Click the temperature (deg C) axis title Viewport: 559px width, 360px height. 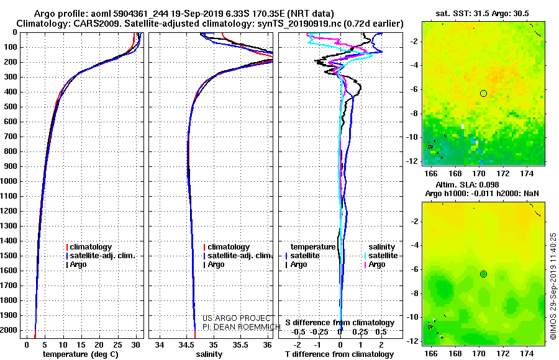coord(80,354)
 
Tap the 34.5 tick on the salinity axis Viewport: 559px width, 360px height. coord(186,344)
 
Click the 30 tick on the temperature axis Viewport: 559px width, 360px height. coord(136,344)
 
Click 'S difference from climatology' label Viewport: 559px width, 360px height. coord(340,323)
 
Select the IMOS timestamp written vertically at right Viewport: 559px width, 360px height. coord(553,287)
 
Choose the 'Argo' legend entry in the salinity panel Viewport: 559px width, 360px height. coord(216,264)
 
